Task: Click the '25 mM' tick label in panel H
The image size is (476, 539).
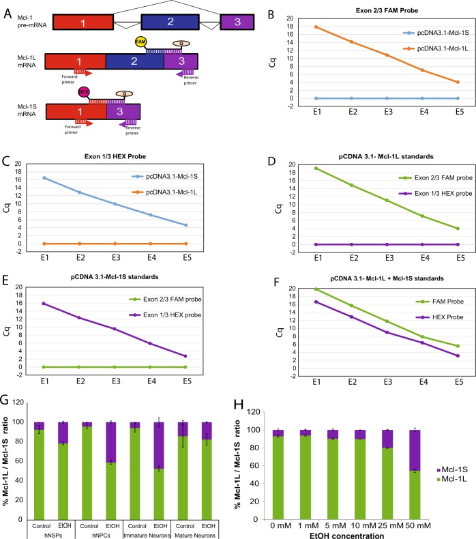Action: point(408,514)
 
